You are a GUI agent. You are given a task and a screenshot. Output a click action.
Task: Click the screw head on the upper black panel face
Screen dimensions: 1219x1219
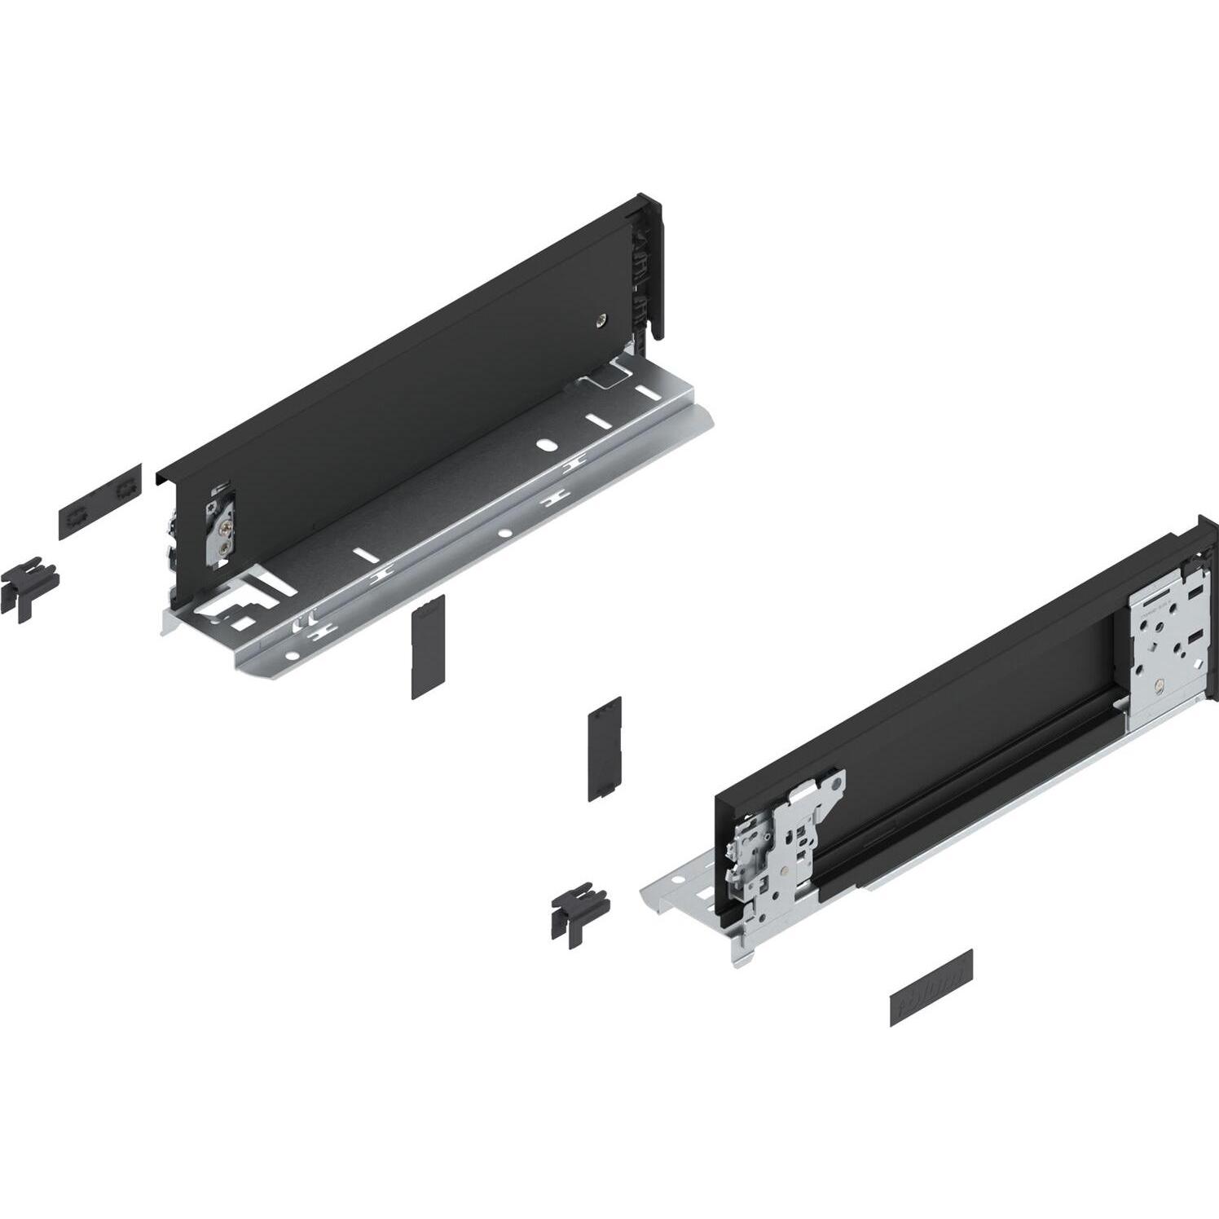click(x=601, y=319)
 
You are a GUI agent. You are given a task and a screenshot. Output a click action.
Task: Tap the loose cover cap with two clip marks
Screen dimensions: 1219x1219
click(x=99, y=501)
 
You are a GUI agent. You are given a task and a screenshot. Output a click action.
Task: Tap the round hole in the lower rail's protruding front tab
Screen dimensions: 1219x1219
click(x=676, y=881)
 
